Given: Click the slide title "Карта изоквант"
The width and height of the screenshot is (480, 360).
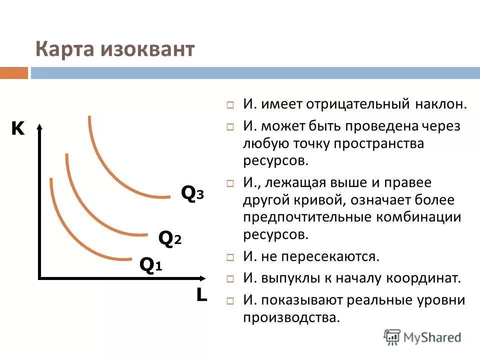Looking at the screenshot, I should tap(114, 50).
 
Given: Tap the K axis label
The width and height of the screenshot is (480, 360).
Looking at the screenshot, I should tap(17, 129).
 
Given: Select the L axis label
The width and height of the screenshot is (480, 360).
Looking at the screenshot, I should tap(201, 295).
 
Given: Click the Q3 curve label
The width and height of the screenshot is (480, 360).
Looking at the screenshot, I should tap(192, 193).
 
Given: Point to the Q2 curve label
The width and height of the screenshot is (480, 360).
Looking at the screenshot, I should tap(170, 238).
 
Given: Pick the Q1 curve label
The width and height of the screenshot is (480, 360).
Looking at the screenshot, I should tap(150, 265).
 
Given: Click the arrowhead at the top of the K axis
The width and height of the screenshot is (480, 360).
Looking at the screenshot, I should tap(39, 126).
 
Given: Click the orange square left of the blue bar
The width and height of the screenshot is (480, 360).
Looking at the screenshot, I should tap(14, 73).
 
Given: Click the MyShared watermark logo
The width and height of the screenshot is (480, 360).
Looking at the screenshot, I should tap(422, 336).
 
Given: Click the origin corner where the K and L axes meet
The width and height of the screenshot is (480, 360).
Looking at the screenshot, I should tap(40, 277).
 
